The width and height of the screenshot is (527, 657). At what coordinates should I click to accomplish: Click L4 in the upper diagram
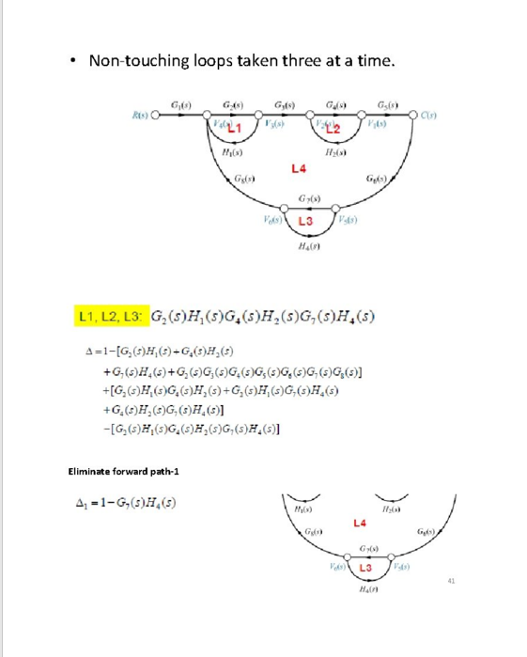pos(299,169)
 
